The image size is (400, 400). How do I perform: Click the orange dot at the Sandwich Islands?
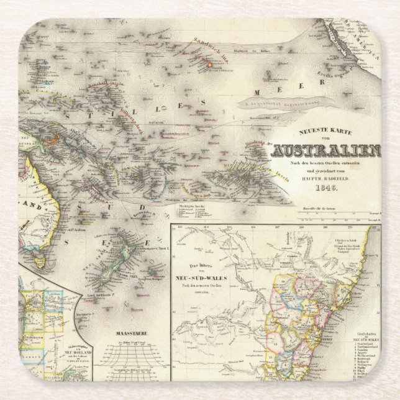209,63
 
